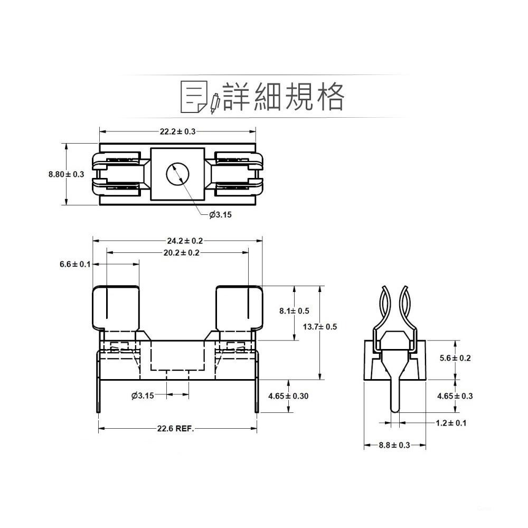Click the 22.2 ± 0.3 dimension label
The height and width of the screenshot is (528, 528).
pyautogui.click(x=177, y=131)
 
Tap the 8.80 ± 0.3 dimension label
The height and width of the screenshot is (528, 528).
pyautogui.click(x=67, y=174)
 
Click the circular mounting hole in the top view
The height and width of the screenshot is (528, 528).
pyautogui.click(x=177, y=174)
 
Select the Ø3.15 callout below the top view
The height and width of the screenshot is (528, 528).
pyautogui.click(x=221, y=214)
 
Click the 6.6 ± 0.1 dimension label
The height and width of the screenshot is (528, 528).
pyautogui.click(x=75, y=264)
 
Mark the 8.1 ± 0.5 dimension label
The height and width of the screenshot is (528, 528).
pyautogui.click(x=294, y=311)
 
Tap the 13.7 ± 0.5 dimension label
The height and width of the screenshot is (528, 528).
pyautogui.click(x=320, y=327)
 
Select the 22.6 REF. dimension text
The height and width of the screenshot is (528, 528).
pyautogui.click(x=176, y=429)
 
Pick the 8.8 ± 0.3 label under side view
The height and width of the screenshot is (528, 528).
pyautogui.click(x=394, y=445)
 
